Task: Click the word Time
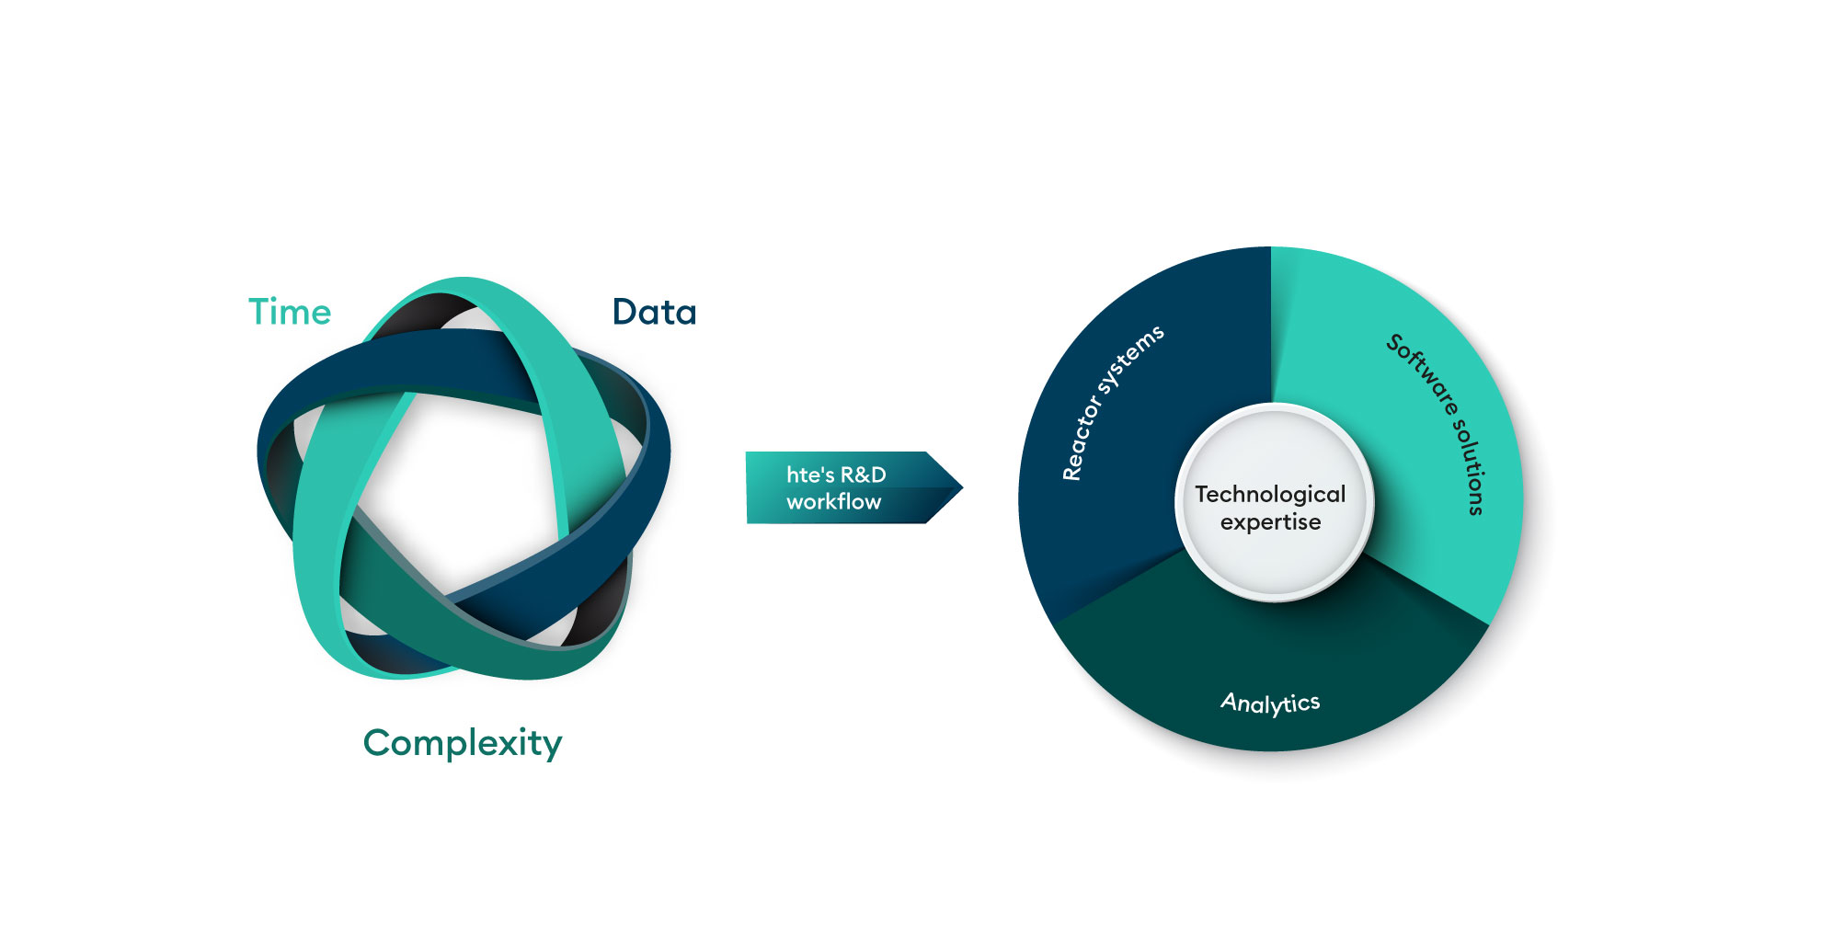(290, 313)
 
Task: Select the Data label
(654, 313)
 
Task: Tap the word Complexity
(462, 743)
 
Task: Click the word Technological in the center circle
(1270, 495)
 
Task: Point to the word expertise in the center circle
(1270, 523)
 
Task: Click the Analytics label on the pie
(1270, 703)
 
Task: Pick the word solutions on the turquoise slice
(1470, 467)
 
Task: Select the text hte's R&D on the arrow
(836, 475)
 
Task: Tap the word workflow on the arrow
(833, 502)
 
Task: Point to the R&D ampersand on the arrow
(851, 475)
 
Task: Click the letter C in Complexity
(378, 742)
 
